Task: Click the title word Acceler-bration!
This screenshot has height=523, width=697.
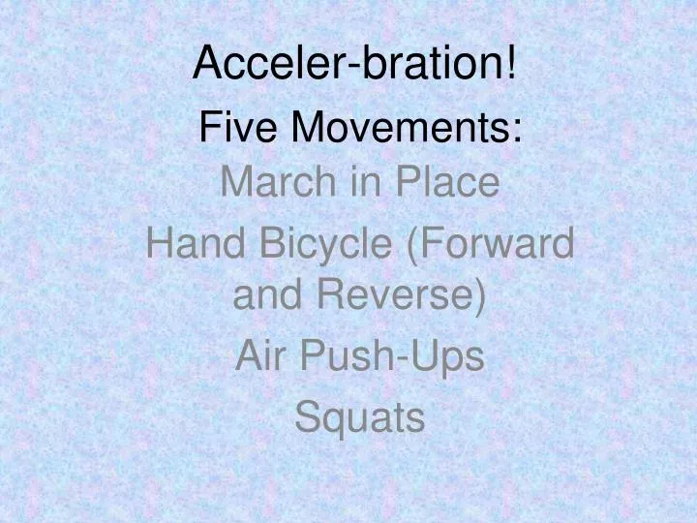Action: tap(353, 64)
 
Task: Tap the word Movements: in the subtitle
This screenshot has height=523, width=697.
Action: tap(408, 127)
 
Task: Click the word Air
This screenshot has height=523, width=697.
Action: tap(258, 356)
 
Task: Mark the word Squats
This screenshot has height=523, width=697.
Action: tap(359, 418)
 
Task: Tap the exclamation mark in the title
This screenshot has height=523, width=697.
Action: tap(509, 64)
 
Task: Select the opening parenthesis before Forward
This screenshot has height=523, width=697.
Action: tap(413, 244)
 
